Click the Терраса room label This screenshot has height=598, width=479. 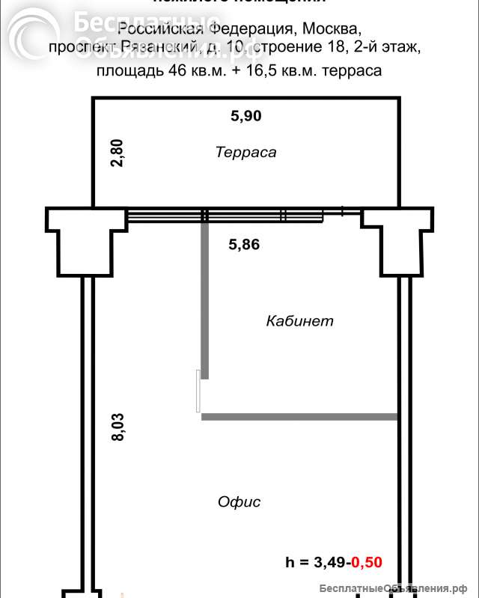point(245,153)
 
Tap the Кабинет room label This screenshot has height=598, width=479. point(299,321)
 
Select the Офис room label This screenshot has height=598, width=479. point(239,501)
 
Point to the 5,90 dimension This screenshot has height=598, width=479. point(245,116)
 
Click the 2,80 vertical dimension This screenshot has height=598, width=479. point(117,153)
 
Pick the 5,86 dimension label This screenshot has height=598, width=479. point(244,243)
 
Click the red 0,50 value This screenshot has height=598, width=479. point(367,562)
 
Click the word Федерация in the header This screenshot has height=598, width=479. point(252,30)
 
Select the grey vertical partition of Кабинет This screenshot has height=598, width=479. point(204,299)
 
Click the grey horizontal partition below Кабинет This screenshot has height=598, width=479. point(299,415)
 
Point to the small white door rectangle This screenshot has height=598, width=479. point(198,391)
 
